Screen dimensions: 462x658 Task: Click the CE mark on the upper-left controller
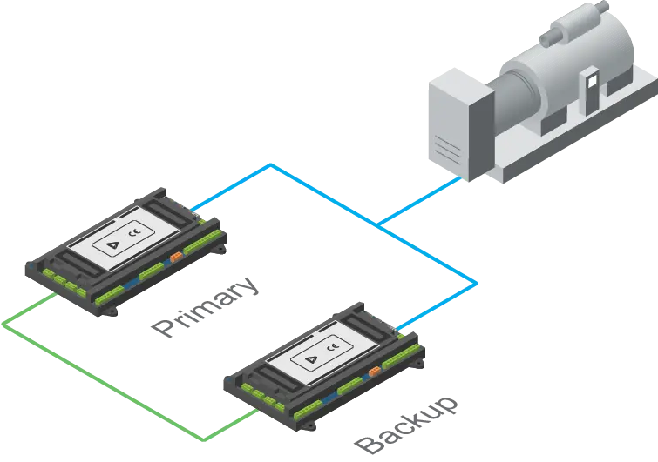click(133, 233)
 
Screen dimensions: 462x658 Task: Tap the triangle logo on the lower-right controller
click(309, 358)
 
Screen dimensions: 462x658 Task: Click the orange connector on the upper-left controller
click(176, 256)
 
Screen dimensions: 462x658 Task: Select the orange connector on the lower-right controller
click(373, 372)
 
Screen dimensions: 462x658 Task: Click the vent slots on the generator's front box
click(444, 140)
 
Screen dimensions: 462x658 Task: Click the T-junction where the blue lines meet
click(381, 225)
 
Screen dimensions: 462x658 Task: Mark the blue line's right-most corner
click(477, 283)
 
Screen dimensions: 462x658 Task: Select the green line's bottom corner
click(207, 438)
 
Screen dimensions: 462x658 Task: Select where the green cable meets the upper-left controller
click(54, 297)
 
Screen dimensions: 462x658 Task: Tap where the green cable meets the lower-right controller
click(254, 412)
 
